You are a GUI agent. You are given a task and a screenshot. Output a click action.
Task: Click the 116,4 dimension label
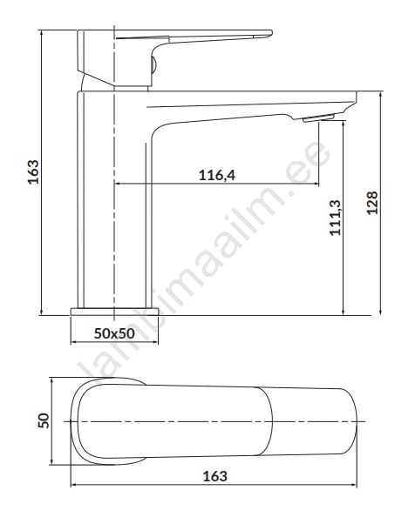pyautogui.click(x=217, y=175)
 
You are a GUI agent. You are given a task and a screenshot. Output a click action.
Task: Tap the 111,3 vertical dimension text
pyautogui.click(x=335, y=218)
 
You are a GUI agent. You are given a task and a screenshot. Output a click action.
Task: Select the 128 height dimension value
pyautogui.click(x=372, y=203)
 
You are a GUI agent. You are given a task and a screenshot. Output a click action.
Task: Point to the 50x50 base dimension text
pyautogui.click(x=114, y=333)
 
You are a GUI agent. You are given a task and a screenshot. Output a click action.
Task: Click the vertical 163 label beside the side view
pyautogui.click(x=33, y=172)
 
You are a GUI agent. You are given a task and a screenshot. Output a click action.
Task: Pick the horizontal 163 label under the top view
pyautogui.click(x=214, y=476)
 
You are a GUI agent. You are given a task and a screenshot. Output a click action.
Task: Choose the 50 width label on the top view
pyautogui.click(x=44, y=420)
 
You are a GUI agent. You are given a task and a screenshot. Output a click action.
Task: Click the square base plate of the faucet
pyautogui.click(x=114, y=312)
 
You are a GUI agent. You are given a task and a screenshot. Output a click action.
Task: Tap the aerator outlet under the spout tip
pyautogui.click(x=318, y=118)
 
